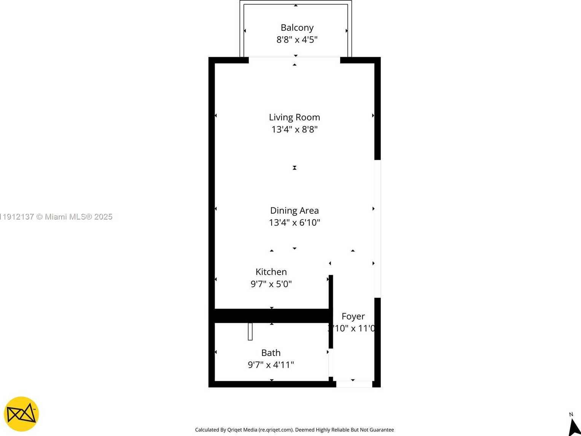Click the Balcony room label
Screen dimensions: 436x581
tap(297, 28)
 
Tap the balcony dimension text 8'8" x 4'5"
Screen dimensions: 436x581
tap(297, 40)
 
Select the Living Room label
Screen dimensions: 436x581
tap(294, 117)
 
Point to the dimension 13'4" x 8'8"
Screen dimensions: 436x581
tap(294, 129)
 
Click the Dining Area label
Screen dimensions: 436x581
tap(294, 210)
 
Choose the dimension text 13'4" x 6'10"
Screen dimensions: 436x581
tap(294, 223)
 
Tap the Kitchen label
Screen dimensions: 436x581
tap(271, 272)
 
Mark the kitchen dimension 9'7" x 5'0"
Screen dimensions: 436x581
tap(271, 284)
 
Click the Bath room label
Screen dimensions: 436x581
tap(271, 353)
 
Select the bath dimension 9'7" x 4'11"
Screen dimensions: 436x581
tap(271, 365)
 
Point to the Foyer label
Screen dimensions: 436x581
tap(353, 316)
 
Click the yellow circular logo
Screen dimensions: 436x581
tap(21, 414)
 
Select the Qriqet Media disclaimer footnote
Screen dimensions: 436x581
tap(294, 430)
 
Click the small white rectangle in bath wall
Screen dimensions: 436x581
tap(250, 331)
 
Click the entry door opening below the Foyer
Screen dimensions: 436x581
tap(354, 384)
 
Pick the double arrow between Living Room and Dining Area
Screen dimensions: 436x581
tap(294, 168)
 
